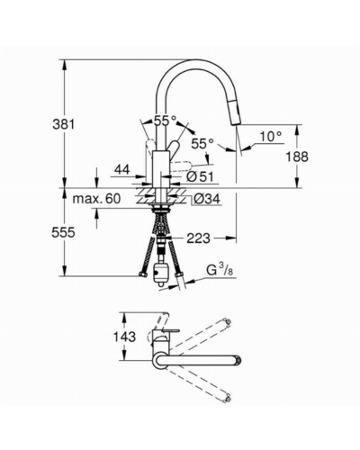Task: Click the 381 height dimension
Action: pos(63,124)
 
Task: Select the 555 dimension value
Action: pos(63,232)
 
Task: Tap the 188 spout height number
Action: pos(297,157)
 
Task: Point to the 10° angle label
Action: pos(271,137)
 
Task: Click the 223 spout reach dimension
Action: pos(198,238)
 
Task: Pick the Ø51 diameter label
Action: pos(200,176)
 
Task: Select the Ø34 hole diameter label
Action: pos(207,198)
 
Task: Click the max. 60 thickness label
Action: pos(96,198)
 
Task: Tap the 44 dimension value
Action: pos(122,170)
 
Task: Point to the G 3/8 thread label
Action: pos(220,270)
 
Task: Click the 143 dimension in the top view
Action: pos(124,337)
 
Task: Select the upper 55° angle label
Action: pos(166,121)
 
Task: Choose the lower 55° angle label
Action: pos(202,144)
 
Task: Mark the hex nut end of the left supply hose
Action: pos(142,274)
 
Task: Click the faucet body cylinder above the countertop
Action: pos(160,169)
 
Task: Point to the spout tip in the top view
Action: pos(238,360)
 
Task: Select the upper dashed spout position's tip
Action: pos(228,323)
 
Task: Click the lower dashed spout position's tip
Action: pos(228,398)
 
